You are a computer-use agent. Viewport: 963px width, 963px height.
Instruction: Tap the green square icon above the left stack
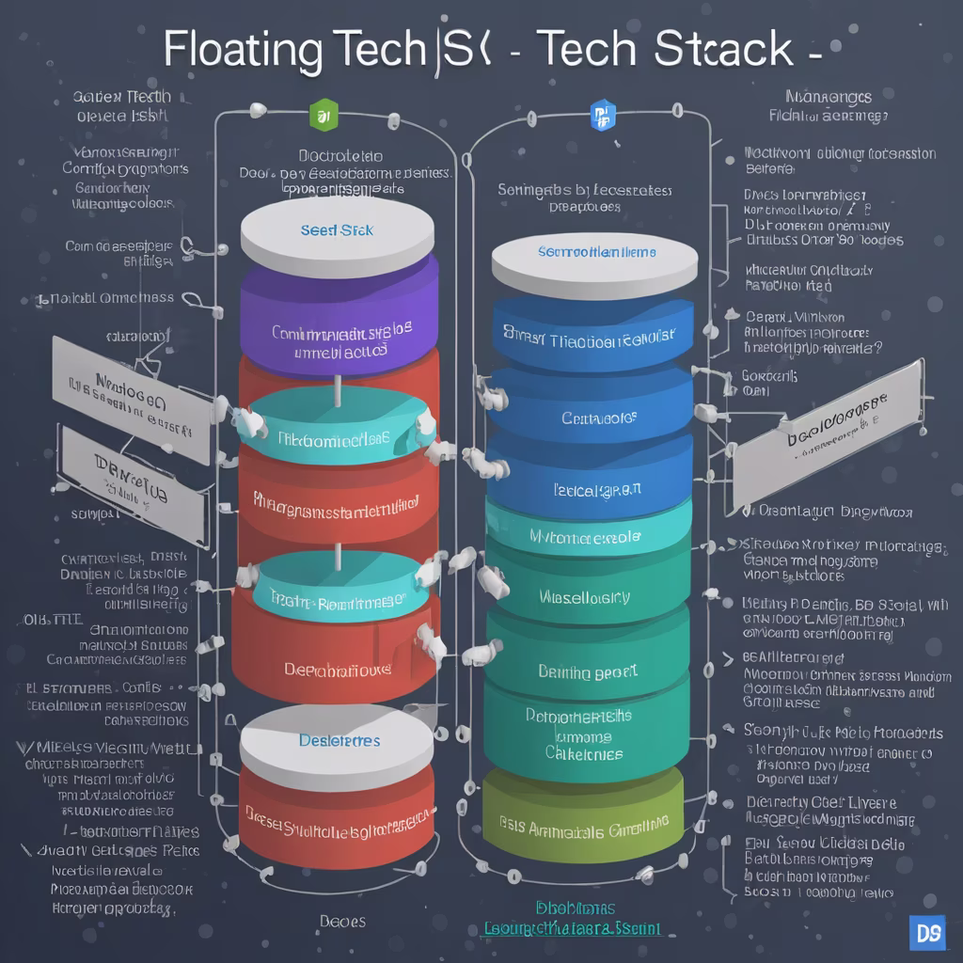[x=322, y=117]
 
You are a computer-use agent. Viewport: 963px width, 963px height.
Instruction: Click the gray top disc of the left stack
[x=338, y=230]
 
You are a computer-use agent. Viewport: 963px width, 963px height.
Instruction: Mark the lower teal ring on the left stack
[x=337, y=588]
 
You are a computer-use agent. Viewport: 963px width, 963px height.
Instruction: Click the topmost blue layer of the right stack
[x=591, y=334]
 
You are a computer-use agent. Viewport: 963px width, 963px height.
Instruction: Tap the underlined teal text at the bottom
[x=571, y=928]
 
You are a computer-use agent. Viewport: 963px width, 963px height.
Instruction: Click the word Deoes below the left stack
[x=341, y=921]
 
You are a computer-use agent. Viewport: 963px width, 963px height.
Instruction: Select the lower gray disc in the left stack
[x=337, y=738]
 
